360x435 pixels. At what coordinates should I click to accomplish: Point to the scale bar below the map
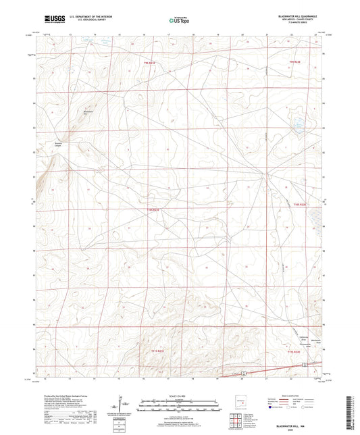pos(179,405)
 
